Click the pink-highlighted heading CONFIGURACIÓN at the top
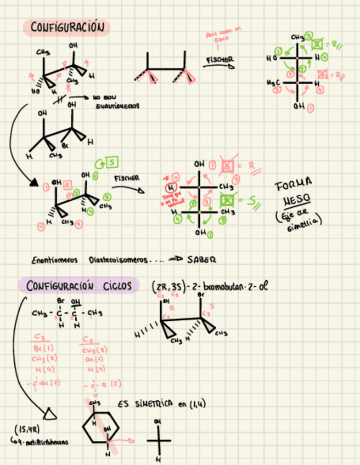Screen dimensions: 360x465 (66, 27)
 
